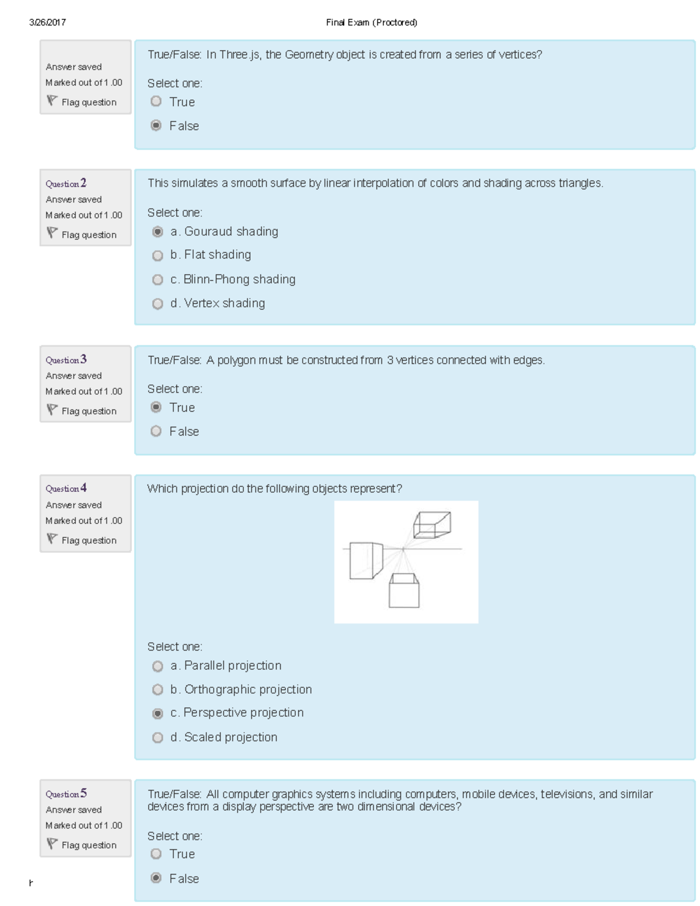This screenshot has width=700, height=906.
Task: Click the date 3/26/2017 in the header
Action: [47, 23]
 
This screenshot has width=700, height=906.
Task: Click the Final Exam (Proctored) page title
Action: [372, 23]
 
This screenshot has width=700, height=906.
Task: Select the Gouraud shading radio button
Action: [157, 232]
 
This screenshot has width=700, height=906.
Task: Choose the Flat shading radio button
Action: [157, 256]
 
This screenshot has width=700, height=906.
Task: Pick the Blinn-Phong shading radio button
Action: [157, 280]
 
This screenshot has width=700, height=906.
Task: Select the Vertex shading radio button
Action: [157, 304]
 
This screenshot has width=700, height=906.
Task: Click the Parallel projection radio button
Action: [157, 666]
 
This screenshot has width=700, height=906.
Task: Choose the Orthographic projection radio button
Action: [157, 690]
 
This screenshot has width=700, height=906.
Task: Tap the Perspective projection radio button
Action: [157, 713]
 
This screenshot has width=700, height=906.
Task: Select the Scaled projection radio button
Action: [157, 738]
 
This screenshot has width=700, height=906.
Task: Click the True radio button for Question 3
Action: [156, 407]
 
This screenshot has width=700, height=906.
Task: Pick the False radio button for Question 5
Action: [156, 878]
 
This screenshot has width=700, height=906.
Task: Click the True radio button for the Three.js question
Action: [156, 102]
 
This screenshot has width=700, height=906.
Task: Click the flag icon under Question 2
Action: [52, 233]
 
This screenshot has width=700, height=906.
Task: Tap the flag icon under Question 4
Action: [52, 539]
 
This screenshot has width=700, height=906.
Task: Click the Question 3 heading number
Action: [83, 359]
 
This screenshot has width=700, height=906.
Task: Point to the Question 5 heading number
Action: [83, 793]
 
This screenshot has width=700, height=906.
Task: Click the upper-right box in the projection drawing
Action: [432, 524]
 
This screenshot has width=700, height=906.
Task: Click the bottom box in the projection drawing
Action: [404, 591]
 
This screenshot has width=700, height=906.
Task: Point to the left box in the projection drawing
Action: [365, 561]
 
